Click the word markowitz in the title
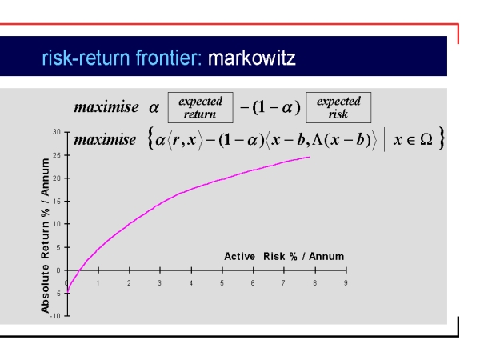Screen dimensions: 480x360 pyautogui.click(x=252, y=58)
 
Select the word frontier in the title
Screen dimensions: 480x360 pyautogui.click(x=169, y=58)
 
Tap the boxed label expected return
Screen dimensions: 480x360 pyautogui.click(x=201, y=107)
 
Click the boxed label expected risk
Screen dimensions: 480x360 pyautogui.click(x=338, y=107)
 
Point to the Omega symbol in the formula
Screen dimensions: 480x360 pyautogui.click(x=426, y=139)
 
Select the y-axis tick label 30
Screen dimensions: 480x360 pyautogui.click(x=57, y=132)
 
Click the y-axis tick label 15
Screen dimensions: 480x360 pyautogui.click(x=57, y=201)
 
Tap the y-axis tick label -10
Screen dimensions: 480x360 pyautogui.click(x=55, y=316)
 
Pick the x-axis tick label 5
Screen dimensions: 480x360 pyautogui.click(x=222, y=283)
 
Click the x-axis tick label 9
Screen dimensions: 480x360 pyautogui.click(x=346, y=283)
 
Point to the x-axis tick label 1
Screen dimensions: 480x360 pyautogui.click(x=98, y=283)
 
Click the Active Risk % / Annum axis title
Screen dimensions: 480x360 pyautogui.click(x=284, y=256)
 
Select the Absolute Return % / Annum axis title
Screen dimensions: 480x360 pyautogui.click(x=45, y=235)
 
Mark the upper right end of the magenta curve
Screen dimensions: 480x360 pyautogui.click(x=310, y=157)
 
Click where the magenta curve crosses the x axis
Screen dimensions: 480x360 pyautogui.click(x=79, y=270)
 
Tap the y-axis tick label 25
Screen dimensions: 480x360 pyautogui.click(x=57, y=155)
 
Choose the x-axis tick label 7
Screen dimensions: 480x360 pyautogui.click(x=283, y=283)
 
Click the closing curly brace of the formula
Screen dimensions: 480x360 pyautogui.click(x=441, y=138)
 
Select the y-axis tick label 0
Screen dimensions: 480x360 pyautogui.click(x=58, y=270)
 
